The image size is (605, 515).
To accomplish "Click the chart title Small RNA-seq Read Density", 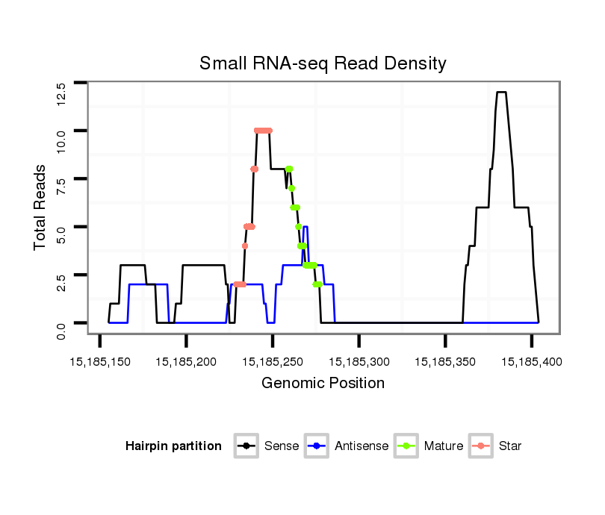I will click(x=323, y=63).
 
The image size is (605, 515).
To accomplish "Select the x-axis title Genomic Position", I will click(x=323, y=384).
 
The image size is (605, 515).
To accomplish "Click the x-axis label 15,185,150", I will click(x=100, y=361).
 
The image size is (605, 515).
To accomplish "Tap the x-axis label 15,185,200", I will click(x=186, y=361).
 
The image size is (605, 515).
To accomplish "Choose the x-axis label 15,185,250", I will click(x=273, y=361).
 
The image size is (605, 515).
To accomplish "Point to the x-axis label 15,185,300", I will click(x=359, y=361).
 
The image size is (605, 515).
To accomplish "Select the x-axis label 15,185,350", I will click(x=445, y=361).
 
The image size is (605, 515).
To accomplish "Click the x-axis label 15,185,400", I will click(x=531, y=361).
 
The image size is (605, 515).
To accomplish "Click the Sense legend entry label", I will click(x=282, y=446).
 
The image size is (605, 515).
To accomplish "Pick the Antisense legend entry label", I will click(x=362, y=446).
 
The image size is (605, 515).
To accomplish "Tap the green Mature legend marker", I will click(x=409, y=446).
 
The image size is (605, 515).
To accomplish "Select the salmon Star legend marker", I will click(x=482, y=446).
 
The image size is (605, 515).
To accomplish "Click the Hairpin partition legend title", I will click(x=173, y=446).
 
